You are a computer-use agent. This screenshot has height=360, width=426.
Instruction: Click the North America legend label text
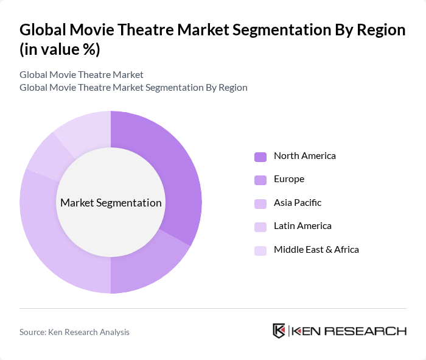pos(304,156)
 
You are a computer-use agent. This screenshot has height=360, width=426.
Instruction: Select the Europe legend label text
pos(288,179)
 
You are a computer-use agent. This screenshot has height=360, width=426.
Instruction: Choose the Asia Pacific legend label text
pos(297,202)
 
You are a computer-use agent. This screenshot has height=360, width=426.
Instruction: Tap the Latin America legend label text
pos(302,226)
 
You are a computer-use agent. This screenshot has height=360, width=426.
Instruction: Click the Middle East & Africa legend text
pos(316,249)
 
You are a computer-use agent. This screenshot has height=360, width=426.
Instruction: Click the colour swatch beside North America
pos(260,157)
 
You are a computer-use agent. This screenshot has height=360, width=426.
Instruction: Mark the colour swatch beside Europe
pos(260,180)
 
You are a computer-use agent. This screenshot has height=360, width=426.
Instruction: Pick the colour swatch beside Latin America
pos(260,227)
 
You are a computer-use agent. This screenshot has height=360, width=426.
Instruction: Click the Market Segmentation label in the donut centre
pos(111,203)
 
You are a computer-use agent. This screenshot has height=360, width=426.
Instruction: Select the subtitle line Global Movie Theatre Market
pos(81,75)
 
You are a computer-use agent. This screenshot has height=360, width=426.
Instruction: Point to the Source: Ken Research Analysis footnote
pos(74,332)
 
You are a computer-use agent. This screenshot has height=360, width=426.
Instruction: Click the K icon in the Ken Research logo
pos(279,331)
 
